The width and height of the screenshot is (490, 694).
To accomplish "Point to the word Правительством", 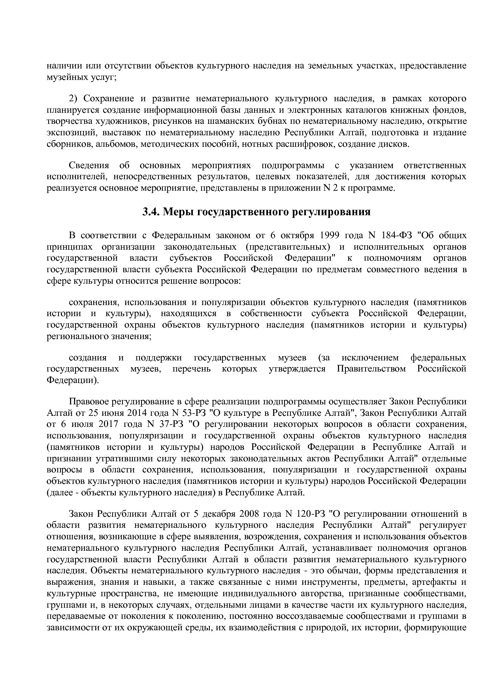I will tap(371, 369).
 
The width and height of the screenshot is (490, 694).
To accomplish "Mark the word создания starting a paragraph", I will tap(88, 358).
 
